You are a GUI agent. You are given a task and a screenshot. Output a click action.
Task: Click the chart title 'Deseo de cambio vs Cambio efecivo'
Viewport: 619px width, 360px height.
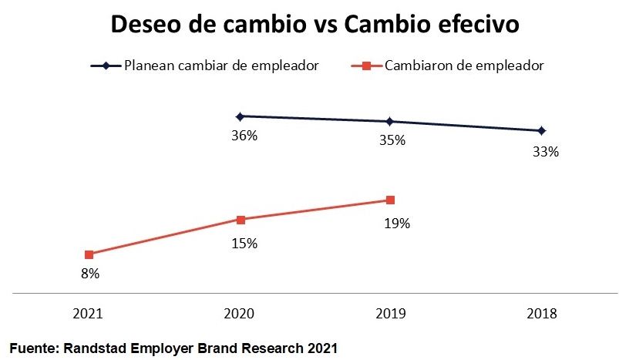coord(315,24)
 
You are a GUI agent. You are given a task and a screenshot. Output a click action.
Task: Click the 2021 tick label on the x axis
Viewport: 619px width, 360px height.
coord(89,314)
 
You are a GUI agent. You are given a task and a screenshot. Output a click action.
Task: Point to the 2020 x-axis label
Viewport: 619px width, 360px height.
coord(240,314)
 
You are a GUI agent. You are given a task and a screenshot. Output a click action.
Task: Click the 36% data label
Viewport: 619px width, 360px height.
coord(244,136)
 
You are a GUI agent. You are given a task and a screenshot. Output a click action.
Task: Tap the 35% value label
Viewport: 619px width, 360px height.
coord(392,141)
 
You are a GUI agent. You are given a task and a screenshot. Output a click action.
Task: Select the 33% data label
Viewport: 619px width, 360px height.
coord(545,152)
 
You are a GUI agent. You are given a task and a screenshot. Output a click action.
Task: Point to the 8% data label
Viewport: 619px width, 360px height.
coord(89,273)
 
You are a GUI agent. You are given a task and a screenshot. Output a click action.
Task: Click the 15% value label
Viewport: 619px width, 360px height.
coord(244,244)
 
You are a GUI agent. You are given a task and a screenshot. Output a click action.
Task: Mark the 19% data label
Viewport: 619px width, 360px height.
coord(397,224)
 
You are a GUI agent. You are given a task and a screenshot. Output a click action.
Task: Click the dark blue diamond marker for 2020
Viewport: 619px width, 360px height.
coord(240,116)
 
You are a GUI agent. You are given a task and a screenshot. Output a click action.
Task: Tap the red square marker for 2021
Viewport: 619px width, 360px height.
coord(89,254)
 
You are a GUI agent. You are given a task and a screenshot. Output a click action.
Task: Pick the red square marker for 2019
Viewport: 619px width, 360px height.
coord(390,200)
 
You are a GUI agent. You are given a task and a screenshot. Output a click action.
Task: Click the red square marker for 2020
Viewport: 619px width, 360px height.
coord(241,220)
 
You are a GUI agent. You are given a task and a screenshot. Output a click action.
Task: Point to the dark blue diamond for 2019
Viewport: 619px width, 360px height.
coord(390,121)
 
